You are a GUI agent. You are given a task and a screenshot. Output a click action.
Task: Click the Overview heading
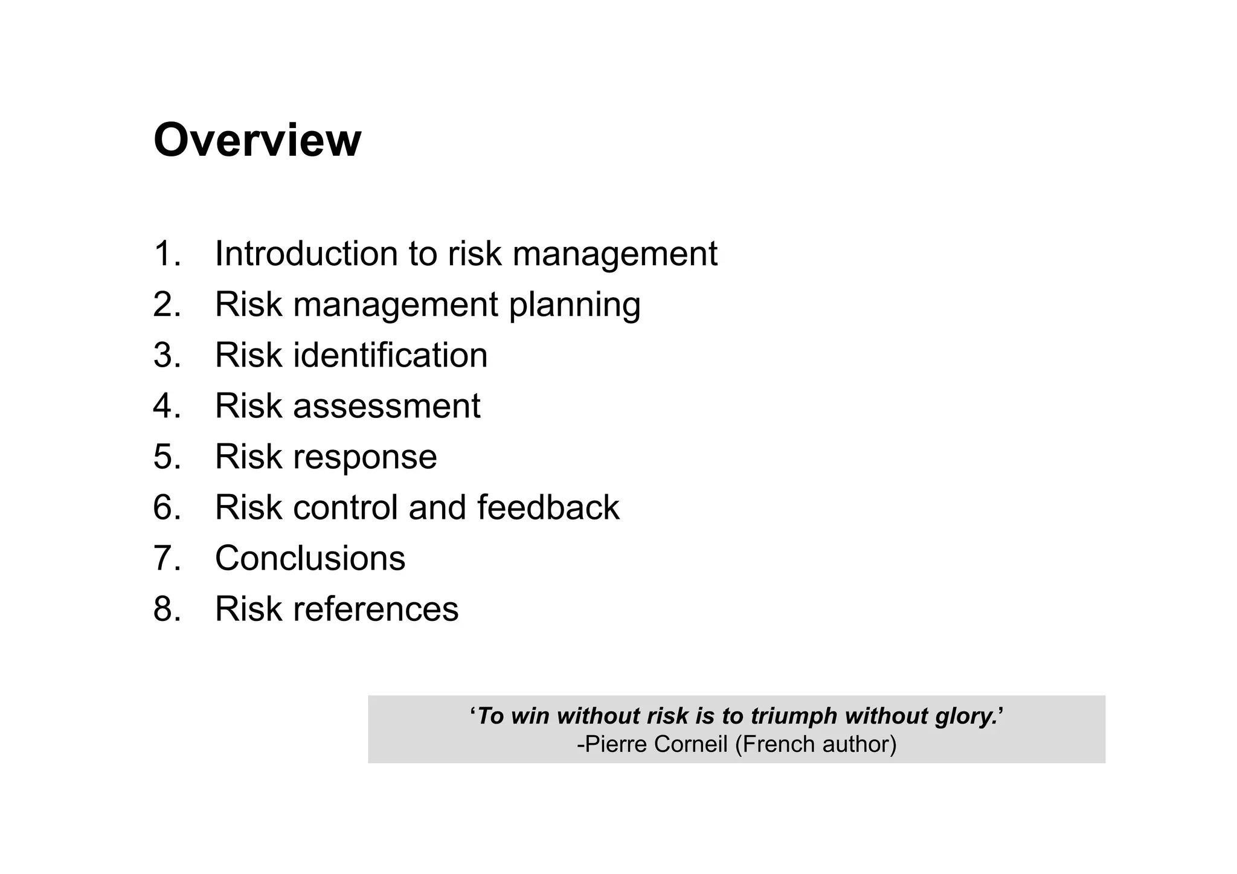tap(257, 140)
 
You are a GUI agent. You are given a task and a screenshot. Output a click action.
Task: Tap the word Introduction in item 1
tap(306, 253)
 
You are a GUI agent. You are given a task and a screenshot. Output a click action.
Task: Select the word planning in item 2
tap(574, 304)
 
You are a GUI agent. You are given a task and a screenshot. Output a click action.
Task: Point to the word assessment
tap(387, 406)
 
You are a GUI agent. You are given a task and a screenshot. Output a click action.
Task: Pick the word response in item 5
tap(365, 457)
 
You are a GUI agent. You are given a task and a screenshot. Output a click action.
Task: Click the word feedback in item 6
tap(548, 507)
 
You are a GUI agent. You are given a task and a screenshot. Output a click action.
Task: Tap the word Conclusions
tap(310, 558)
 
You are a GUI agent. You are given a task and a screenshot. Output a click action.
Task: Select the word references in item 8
tap(376, 609)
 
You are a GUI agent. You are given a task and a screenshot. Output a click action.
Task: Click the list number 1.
tap(167, 253)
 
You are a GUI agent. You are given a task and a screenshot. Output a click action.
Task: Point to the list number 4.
tap(167, 406)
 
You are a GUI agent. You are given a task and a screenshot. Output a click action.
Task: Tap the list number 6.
tap(167, 507)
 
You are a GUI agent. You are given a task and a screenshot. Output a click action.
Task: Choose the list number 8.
tap(167, 609)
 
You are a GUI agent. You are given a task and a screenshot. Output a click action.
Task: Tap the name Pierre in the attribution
tap(616, 744)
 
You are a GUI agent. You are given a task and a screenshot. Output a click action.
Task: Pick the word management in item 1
tap(615, 254)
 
